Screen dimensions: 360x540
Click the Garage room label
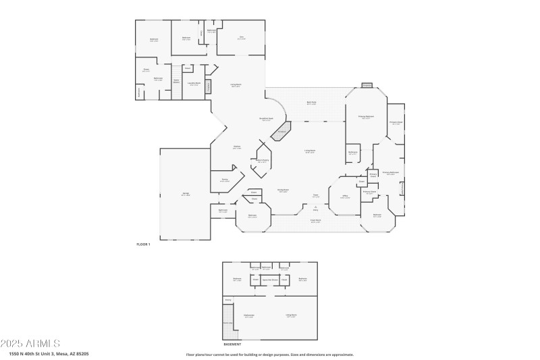185,195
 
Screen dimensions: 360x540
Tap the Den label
241,38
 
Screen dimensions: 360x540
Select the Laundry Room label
194,84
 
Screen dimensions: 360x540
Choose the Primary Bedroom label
367,117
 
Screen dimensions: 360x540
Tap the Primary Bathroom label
391,173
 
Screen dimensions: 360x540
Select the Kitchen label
237,147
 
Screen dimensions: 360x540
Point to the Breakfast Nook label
267,119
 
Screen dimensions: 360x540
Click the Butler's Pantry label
262,161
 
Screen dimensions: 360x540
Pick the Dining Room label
283,191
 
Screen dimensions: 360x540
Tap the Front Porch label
315,221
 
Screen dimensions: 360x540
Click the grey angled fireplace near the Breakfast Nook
281,131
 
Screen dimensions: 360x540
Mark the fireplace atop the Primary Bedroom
367,86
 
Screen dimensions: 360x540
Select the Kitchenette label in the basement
248,315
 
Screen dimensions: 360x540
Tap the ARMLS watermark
30,344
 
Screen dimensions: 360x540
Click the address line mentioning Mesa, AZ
49,353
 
